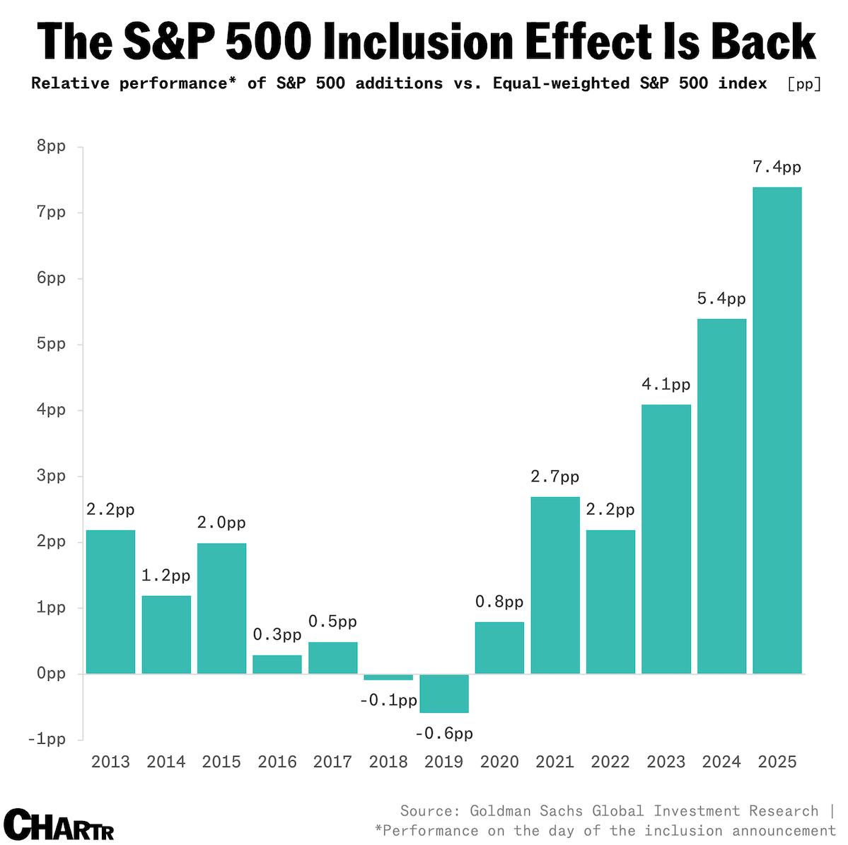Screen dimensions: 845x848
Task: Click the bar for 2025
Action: [777, 430]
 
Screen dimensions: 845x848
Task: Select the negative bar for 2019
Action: [444, 693]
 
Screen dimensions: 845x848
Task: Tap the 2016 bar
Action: [277, 664]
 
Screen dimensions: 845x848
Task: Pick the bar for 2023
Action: [666, 539]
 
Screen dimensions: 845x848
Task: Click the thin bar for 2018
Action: [388, 677]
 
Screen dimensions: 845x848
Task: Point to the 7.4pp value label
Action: [777, 168]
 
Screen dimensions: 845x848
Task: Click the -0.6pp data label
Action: [444, 733]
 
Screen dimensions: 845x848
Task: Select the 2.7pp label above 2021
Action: [555, 477]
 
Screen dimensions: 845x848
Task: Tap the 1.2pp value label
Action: [166, 576]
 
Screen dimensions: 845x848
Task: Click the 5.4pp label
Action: [721, 299]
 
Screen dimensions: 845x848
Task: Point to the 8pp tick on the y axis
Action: [52, 146]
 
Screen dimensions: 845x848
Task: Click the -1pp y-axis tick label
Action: [47, 739]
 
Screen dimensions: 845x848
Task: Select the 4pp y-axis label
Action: [52, 409]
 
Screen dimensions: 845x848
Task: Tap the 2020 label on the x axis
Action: [499, 762]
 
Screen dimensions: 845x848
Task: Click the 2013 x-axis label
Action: [111, 762]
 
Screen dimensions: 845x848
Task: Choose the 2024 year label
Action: [721, 762]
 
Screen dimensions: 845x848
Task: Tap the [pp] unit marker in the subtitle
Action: [804, 83]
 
